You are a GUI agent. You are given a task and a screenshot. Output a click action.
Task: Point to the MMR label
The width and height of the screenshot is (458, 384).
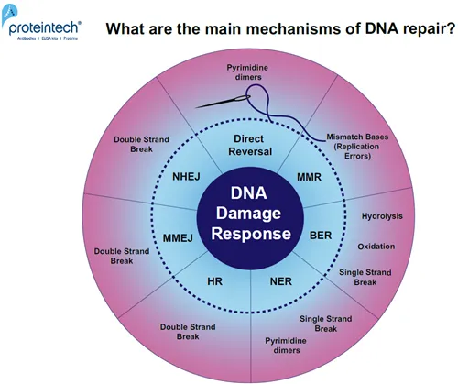tap(309, 174)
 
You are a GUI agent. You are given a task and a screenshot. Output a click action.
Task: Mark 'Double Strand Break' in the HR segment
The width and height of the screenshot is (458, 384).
tap(187, 327)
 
